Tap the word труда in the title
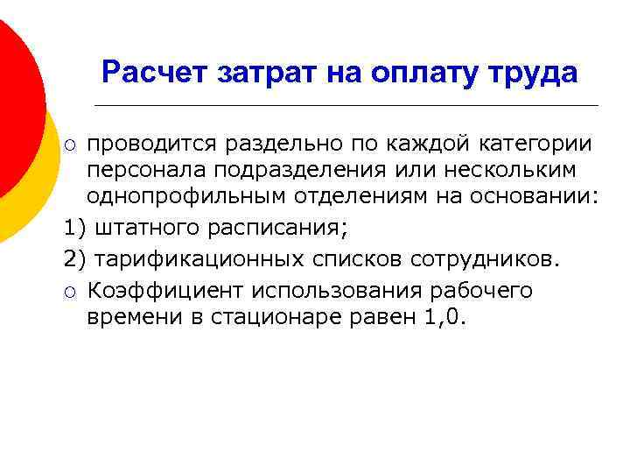[x=535, y=72]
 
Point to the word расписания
[x=279, y=230]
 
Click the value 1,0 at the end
[x=444, y=319]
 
